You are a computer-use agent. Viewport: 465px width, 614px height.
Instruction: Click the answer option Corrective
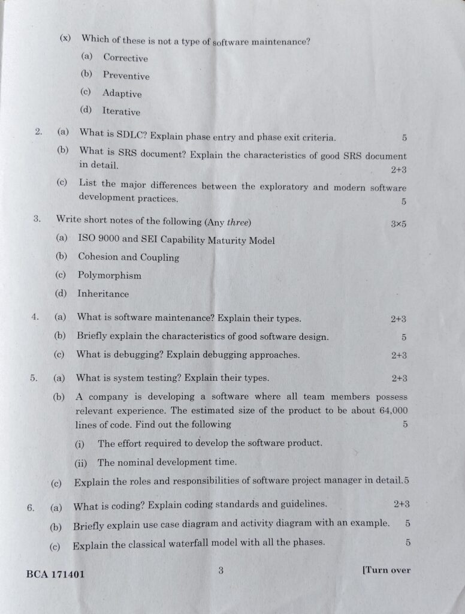tap(125, 58)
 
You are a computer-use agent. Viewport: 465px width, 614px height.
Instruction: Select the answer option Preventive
tap(126, 76)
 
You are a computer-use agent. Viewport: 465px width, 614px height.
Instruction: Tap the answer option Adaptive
tap(122, 94)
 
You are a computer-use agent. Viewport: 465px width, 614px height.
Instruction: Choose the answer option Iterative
tap(121, 112)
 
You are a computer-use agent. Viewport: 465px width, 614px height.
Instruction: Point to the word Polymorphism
tap(110, 276)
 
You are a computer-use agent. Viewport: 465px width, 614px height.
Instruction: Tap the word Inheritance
tap(103, 294)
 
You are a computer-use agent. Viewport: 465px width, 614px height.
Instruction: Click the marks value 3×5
tap(398, 224)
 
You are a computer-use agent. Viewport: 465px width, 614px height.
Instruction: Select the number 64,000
tap(394, 411)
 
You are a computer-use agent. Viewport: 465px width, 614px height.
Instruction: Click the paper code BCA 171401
tap(56, 574)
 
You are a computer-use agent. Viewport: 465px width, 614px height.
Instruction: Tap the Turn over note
tap(387, 570)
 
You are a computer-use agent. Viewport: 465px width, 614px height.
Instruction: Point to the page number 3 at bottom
tap(221, 571)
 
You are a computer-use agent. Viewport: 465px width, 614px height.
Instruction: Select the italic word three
tap(237, 222)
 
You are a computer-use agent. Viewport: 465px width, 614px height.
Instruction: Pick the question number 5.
tap(34, 378)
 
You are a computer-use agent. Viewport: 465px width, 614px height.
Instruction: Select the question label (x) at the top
tap(65, 38)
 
